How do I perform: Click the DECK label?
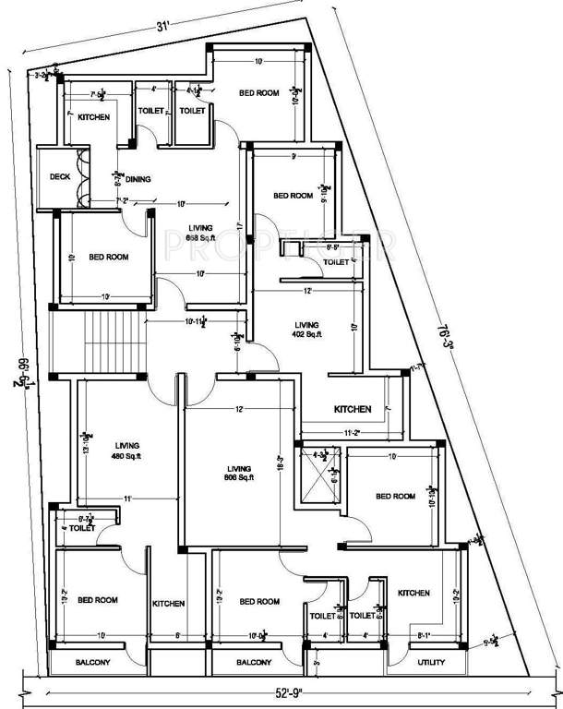tap(60, 176)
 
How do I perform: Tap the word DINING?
tap(138, 179)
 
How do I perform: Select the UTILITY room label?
tap(431, 663)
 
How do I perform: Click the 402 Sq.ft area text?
tap(306, 335)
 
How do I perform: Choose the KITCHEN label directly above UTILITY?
tap(413, 593)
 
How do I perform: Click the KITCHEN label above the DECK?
tap(93, 117)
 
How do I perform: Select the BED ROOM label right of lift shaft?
tap(395, 497)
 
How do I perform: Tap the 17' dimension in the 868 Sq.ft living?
tap(238, 224)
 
